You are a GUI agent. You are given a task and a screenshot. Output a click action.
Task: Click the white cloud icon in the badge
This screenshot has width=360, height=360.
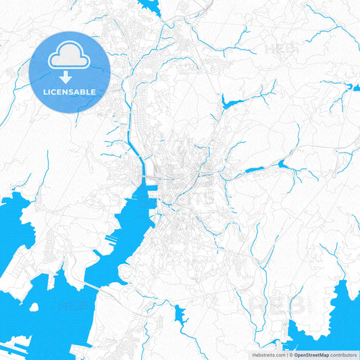click(x=70, y=55)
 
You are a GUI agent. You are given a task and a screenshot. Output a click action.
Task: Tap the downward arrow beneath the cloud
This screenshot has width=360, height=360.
click(x=70, y=76)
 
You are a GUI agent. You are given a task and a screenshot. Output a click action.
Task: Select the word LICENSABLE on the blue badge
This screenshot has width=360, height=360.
click(x=70, y=91)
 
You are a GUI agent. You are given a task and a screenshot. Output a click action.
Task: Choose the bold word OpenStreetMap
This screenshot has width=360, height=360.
click(x=312, y=354)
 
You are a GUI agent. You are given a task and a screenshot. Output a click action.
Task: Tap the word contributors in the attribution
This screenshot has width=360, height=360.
click(x=344, y=354)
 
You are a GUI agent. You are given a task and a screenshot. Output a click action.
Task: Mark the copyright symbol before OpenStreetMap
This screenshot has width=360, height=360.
click(x=290, y=354)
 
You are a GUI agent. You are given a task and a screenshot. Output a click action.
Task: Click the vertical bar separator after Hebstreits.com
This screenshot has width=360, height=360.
click(x=286, y=354)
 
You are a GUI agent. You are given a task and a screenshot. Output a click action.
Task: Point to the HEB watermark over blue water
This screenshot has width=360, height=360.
click(x=73, y=305)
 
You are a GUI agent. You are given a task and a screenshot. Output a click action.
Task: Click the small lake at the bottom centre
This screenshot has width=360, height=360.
click(x=180, y=313)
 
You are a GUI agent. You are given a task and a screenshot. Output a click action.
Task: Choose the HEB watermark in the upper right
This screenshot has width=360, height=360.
click(x=278, y=49)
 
